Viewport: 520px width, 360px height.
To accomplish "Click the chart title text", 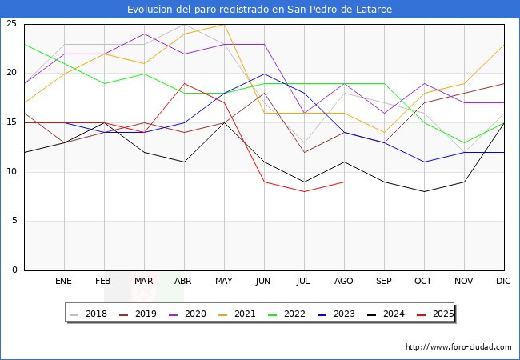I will pos(260,9).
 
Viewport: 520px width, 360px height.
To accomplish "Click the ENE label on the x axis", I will pos(63,282).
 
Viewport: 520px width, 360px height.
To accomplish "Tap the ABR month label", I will pos(183,282).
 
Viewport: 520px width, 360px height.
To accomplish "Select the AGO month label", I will pos(344,282).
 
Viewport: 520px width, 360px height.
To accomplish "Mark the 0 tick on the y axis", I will pos(14,270).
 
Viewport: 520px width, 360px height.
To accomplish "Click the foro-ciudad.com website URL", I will pos(458,347).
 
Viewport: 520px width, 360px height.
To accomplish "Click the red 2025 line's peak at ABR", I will pos(184,83).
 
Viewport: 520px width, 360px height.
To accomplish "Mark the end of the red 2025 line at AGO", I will pos(344,182).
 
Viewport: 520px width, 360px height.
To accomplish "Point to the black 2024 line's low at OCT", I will pos(424,192).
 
